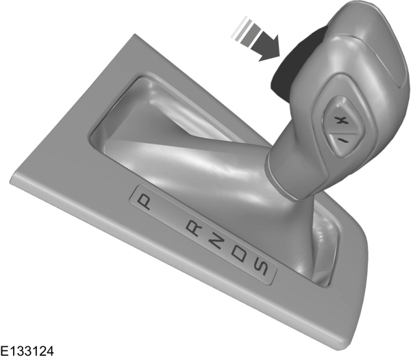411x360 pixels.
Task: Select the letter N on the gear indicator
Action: (214, 242)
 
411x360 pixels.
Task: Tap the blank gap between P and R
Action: (169, 214)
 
